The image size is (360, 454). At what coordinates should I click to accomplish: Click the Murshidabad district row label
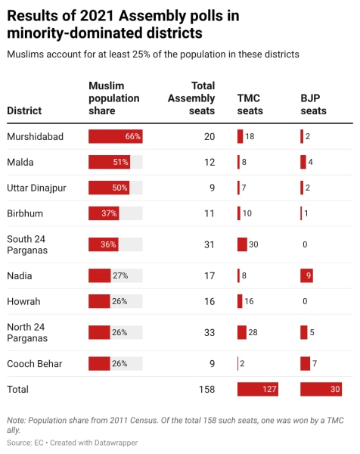click(35, 137)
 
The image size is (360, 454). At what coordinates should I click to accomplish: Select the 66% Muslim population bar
click(115, 137)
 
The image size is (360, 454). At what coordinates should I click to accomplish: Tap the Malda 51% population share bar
click(110, 162)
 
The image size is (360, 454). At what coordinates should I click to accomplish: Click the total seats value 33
click(209, 332)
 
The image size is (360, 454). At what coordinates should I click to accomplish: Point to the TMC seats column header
click(252, 104)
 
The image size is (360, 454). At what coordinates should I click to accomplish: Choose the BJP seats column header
click(314, 104)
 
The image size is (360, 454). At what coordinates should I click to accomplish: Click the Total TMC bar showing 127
click(258, 390)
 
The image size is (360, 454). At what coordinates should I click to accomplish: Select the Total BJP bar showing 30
click(321, 390)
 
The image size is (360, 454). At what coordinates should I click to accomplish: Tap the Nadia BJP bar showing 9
click(306, 276)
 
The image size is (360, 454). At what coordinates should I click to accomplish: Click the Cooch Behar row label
click(35, 364)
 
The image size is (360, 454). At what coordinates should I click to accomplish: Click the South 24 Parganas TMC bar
click(242, 244)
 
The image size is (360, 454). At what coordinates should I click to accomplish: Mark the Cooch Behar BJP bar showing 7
click(305, 364)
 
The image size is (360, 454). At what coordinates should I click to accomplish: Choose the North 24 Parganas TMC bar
click(242, 332)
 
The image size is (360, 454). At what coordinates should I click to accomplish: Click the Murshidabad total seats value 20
click(209, 137)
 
